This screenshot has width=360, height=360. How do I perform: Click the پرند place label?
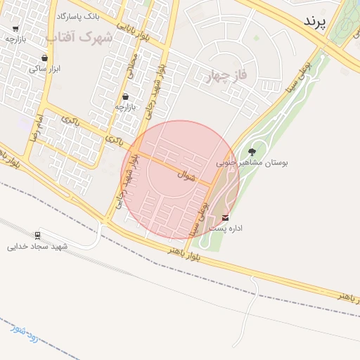315,22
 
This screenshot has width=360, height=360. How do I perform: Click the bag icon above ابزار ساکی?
45,58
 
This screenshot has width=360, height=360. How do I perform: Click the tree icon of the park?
252,151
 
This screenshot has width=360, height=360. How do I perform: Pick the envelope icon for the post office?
226,217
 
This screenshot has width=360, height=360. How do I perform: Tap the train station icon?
37,236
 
